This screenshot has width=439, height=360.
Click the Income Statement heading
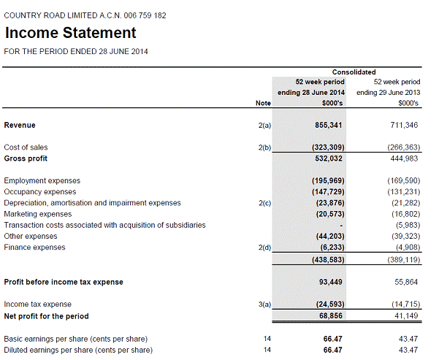point(70,33)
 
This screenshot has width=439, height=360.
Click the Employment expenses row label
point(42,180)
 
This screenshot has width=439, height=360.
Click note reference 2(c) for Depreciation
point(264,203)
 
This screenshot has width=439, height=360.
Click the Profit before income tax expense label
point(64,282)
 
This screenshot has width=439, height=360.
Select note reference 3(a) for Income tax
point(264,305)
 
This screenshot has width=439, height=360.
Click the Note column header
point(263,104)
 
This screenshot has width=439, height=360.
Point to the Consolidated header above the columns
point(354,72)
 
